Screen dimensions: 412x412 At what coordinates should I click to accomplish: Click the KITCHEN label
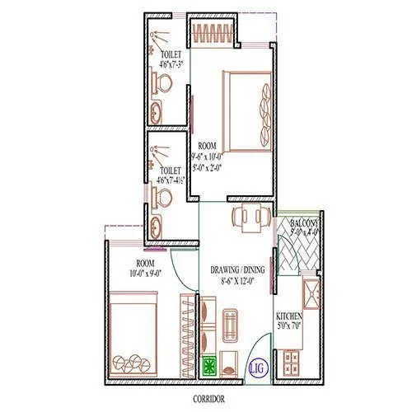(x=289, y=317)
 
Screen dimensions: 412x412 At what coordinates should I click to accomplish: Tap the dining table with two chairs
(x=249, y=218)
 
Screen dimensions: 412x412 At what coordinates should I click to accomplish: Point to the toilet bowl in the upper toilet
(x=162, y=82)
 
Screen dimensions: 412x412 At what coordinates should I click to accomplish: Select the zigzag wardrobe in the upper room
(x=213, y=31)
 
